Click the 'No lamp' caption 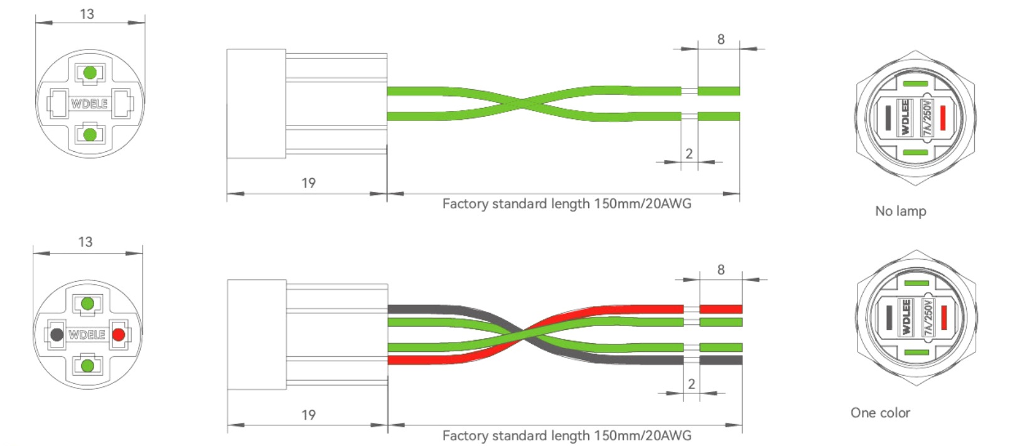point(900,211)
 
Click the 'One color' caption point(880,413)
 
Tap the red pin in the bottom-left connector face point(118,334)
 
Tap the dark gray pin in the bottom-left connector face point(56,334)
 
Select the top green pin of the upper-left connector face point(90,73)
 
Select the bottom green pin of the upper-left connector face point(90,134)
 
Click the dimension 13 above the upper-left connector point(87,14)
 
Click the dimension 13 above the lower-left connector point(85,242)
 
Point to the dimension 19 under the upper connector point(308,183)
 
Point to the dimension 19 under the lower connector point(308,415)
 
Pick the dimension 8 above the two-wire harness point(721,40)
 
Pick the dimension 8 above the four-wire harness point(721,270)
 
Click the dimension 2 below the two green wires point(689,154)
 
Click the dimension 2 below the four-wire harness point(691,384)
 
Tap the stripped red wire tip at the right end point(721,309)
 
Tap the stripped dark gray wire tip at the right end point(721,360)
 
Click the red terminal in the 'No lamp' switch point(942,118)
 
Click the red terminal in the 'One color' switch point(943,317)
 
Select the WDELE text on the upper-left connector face point(89,104)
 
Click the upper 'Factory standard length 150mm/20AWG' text point(567,204)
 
